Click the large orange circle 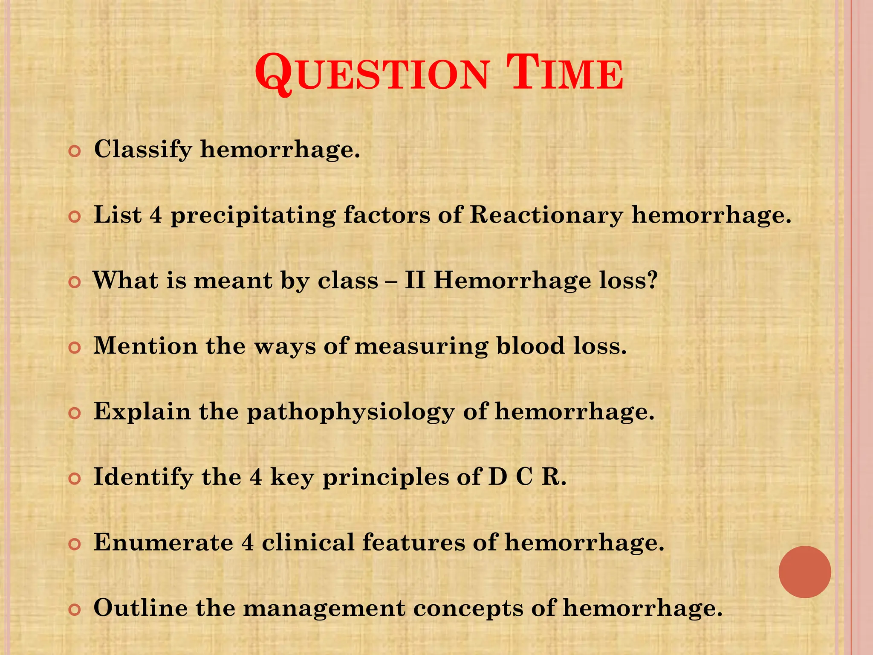pos(804,572)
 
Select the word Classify pos(143,150)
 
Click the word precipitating pos(253,215)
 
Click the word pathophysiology pos(351,412)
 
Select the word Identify pos(143,477)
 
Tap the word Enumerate pos(163,542)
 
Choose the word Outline pos(140,608)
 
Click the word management pos(324,609)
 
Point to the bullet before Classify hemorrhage pos(75,151)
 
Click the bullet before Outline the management pos(75,610)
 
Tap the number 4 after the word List pos(156,214)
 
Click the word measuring pos(421,346)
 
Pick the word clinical pos(308,542)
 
